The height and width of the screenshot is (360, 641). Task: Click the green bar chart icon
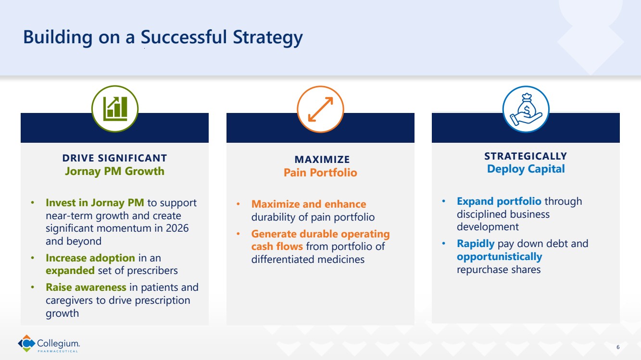(115, 109)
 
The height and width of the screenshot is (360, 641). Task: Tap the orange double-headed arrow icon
(320, 109)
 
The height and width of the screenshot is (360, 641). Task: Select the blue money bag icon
(526, 110)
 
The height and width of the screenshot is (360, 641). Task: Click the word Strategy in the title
(268, 37)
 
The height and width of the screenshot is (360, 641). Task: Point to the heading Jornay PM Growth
(114, 171)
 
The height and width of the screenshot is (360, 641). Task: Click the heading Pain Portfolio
(320, 173)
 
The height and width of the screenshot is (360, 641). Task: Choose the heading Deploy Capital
(526, 169)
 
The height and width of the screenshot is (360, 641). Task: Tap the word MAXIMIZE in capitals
(322, 159)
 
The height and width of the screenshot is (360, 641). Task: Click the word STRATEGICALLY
(526, 156)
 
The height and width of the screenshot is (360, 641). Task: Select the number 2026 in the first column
(177, 228)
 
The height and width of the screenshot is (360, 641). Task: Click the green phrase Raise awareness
(86, 287)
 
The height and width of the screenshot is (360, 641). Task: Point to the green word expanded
(70, 270)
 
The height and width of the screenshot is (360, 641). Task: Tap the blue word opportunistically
(499, 257)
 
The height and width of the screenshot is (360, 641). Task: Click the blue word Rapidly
(476, 244)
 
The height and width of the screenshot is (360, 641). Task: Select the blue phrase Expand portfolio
(499, 201)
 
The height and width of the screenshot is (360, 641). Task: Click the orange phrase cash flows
(277, 246)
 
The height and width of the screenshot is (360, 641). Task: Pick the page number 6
(618, 347)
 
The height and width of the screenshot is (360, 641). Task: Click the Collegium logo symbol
(26, 343)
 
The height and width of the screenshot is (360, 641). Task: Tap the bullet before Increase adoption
(33, 258)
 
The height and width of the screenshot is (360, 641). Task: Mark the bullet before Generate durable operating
(238, 234)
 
